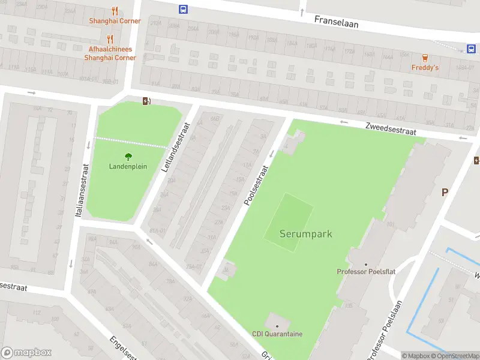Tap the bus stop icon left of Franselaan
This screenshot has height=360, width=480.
tap(183, 9)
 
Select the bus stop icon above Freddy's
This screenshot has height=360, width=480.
tap(472, 49)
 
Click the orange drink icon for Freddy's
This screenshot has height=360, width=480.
tap(425, 58)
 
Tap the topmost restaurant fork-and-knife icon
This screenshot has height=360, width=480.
tap(115, 11)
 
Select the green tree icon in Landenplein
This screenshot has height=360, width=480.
tap(128, 157)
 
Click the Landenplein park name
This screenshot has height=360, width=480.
tap(128, 166)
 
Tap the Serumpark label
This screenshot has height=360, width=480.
tap(305, 234)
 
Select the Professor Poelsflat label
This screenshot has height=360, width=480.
tap(366, 272)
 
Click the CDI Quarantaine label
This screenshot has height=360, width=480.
tap(277, 334)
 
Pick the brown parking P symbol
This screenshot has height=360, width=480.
tap(445, 192)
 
